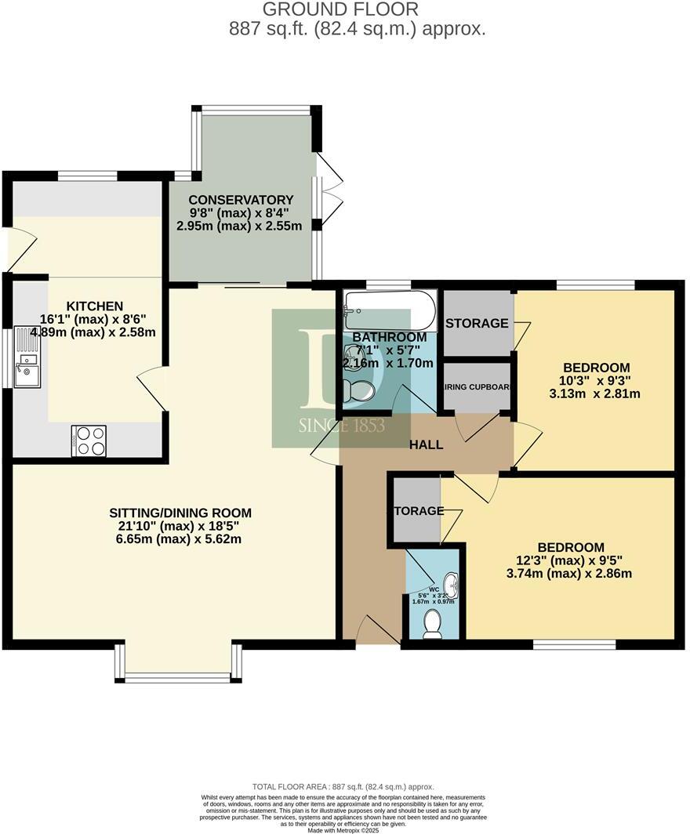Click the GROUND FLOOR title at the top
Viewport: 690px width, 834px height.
tap(340, 9)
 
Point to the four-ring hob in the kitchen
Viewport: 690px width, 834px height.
tap(89, 440)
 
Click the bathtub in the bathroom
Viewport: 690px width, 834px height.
tap(389, 311)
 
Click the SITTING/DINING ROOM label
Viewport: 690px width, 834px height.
tap(180, 513)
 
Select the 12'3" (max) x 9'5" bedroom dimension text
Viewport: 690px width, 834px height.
tap(570, 560)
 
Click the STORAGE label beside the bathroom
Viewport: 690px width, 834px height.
tap(477, 323)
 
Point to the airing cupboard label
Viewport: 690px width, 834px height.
tap(478, 386)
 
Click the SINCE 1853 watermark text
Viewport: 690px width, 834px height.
tap(341, 426)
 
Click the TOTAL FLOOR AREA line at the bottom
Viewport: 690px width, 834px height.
tap(343, 786)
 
